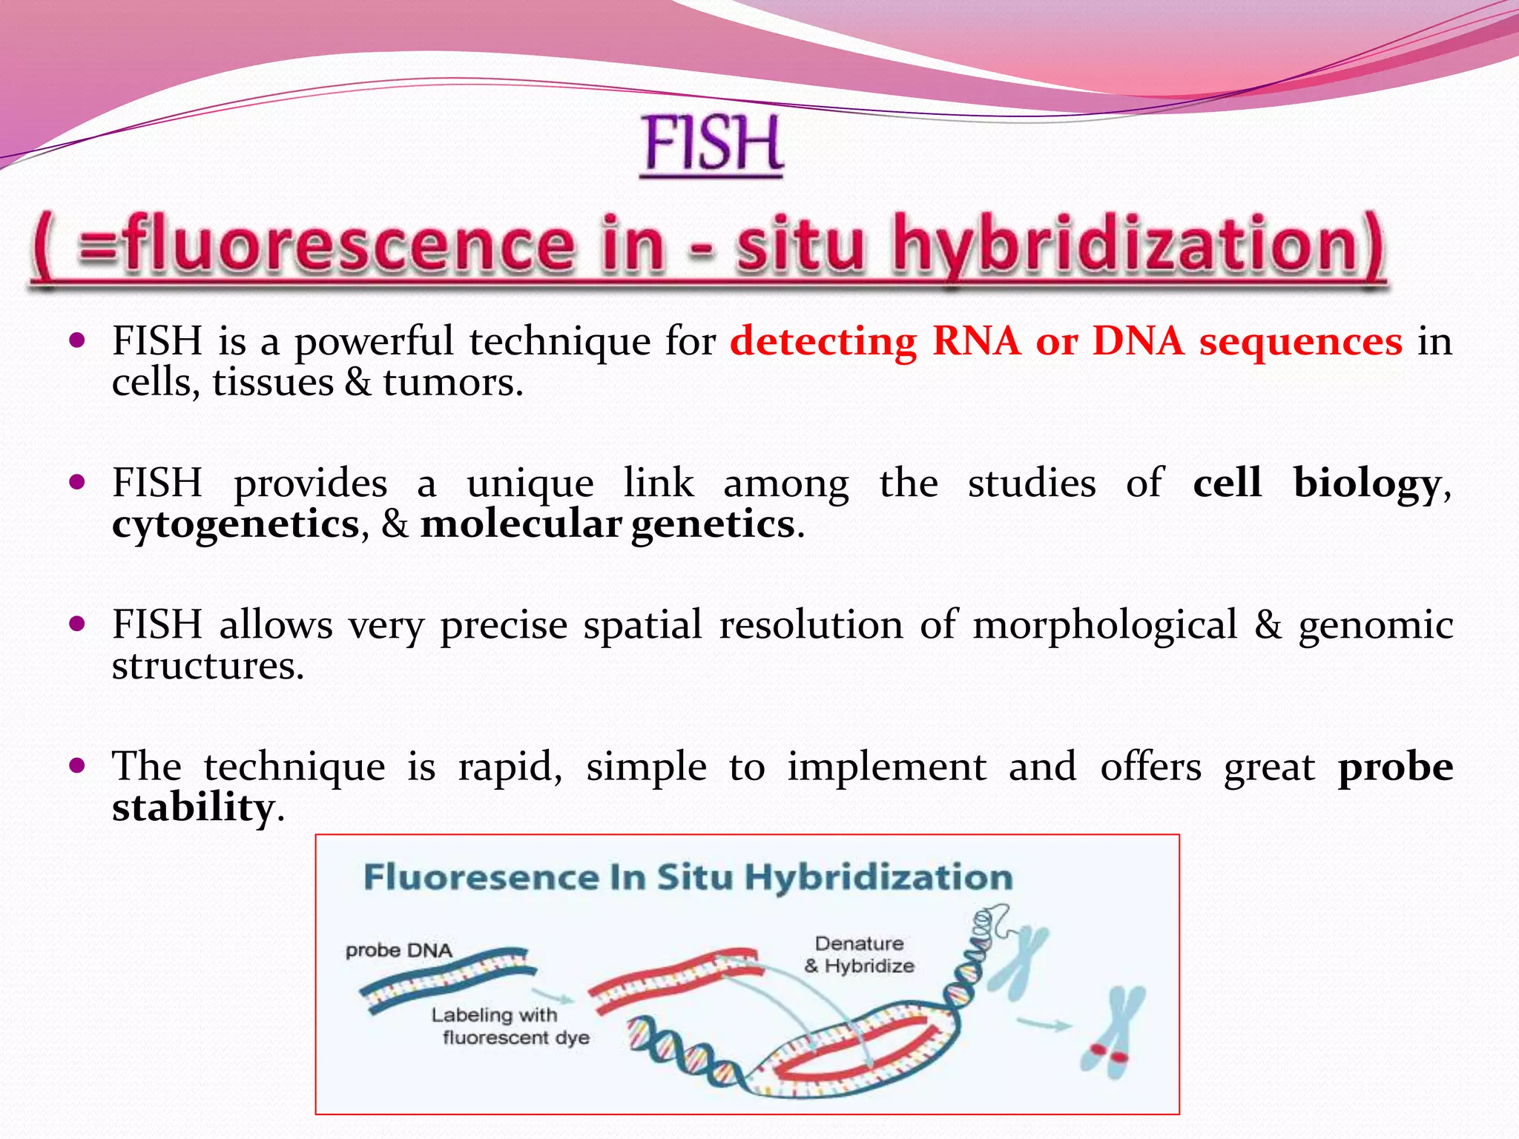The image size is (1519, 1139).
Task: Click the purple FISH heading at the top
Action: [x=712, y=145]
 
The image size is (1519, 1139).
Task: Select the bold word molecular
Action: [x=521, y=524]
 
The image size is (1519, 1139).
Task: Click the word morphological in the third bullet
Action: [x=1105, y=624]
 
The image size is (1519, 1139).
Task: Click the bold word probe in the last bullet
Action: [x=1394, y=767]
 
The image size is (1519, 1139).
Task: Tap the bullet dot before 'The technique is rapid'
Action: [x=77, y=765]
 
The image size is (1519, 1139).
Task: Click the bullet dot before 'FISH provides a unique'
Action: [x=77, y=482]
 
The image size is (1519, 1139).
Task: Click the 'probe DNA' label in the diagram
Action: [x=399, y=951]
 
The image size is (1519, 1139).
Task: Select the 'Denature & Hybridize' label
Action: [x=859, y=955]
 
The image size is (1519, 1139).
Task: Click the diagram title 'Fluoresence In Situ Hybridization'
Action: [x=688, y=877]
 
